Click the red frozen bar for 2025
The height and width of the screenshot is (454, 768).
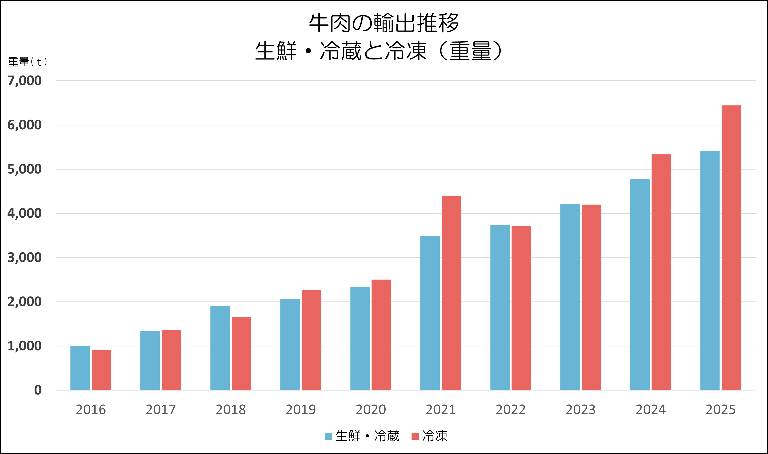(731, 248)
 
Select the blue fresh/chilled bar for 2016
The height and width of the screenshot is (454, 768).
(80, 368)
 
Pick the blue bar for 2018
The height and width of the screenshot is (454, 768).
(220, 347)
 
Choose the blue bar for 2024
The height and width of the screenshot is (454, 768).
(640, 284)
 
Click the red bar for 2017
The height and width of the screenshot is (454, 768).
(172, 359)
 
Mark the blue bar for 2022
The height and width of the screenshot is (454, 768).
(500, 308)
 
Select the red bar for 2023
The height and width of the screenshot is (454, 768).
(591, 297)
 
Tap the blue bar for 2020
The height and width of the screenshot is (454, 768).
(360, 338)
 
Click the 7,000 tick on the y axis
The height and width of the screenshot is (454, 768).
(24, 81)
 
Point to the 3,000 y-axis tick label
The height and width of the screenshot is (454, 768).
(24, 258)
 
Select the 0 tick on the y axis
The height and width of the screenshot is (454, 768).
(38, 390)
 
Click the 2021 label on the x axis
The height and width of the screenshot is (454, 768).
(440, 410)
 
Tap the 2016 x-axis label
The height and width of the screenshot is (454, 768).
(91, 410)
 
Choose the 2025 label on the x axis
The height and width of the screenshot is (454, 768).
(720, 410)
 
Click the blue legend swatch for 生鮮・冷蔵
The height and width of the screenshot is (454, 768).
(328, 436)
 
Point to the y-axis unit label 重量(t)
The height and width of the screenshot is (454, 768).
(28, 62)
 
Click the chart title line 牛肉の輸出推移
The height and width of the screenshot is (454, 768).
(384, 23)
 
